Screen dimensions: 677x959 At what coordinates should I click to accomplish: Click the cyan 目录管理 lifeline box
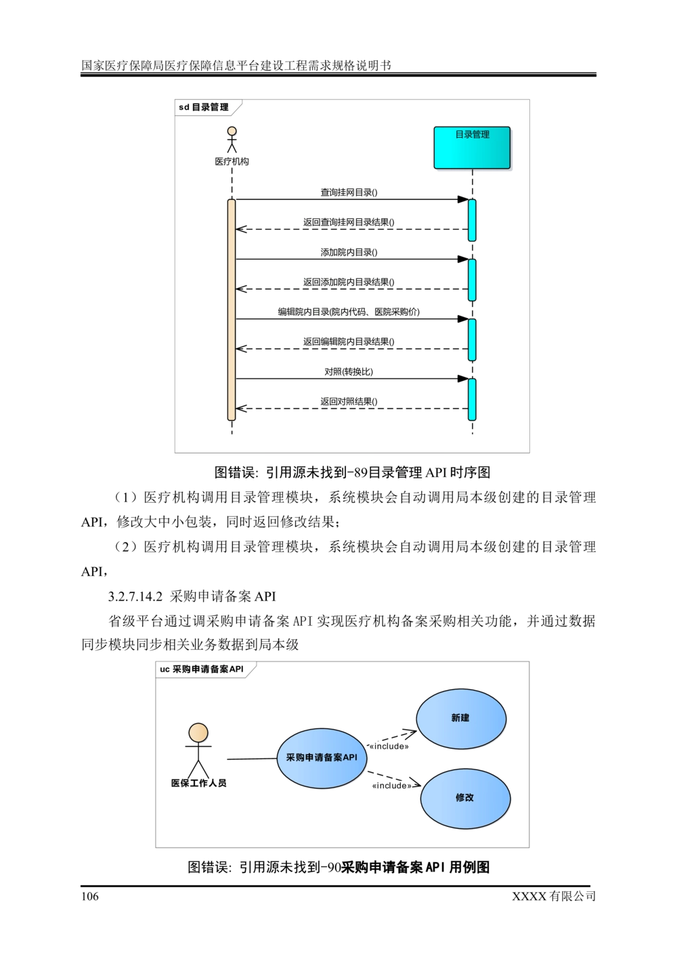(x=472, y=148)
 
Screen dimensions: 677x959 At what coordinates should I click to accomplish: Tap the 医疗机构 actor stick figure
(x=232, y=140)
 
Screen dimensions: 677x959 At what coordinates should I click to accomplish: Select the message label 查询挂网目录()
(x=349, y=192)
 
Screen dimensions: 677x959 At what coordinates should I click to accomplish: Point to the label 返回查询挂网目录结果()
(x=349, y=222)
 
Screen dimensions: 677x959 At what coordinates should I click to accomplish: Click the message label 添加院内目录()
(x=349, y=252)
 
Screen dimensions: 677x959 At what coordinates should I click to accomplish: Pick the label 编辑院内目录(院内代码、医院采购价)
(x=349, y=312)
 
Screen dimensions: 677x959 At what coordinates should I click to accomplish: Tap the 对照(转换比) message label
(x=349, y=371)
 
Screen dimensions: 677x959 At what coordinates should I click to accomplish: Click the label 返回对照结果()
(x=349, y=402)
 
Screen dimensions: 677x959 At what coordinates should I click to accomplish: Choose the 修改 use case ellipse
(x=465, y=798)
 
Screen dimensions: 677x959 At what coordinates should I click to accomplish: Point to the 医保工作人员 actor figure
(x=198, y=751)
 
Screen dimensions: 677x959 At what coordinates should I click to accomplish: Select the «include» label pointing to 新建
(x=389, y=746)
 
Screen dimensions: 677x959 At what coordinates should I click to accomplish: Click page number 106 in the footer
(x=90, y=896)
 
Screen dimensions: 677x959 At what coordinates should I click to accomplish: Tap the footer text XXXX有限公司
(x=554, y=896)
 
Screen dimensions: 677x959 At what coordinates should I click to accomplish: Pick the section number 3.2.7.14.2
(x=135, y=596)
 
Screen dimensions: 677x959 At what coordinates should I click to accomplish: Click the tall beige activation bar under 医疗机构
(x=232, y=310)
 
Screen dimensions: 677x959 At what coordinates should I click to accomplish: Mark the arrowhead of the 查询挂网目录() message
(x=463, y=199)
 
